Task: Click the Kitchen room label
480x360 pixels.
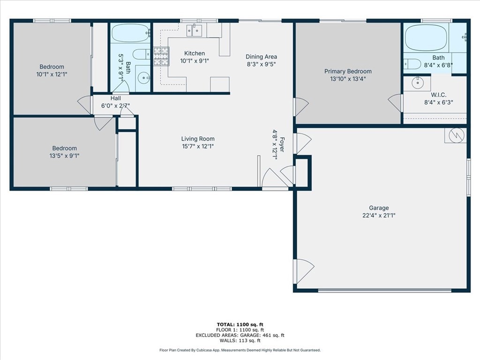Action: pos(195,53)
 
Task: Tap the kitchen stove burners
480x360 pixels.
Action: pos(161,56)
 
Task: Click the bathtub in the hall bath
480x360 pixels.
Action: pos(131,33)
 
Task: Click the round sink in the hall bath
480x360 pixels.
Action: pos(143,78)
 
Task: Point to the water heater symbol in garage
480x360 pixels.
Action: pos(455,135)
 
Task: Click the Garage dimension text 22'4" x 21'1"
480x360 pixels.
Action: pos(379,215)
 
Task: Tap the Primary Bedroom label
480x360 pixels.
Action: pos(348,71)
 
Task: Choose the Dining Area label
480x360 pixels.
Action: pos(261,57)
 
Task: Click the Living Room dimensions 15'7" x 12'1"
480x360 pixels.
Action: pos(198,146)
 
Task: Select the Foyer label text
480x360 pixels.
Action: pos(282,144)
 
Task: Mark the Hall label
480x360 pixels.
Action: pos(116,98)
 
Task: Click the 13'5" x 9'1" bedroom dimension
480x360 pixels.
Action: pos(64,156)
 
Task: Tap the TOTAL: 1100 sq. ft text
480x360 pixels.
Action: pos(240,324)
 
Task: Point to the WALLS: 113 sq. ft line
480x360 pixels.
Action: pos(240,340)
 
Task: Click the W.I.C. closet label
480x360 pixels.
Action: pos(439,95)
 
